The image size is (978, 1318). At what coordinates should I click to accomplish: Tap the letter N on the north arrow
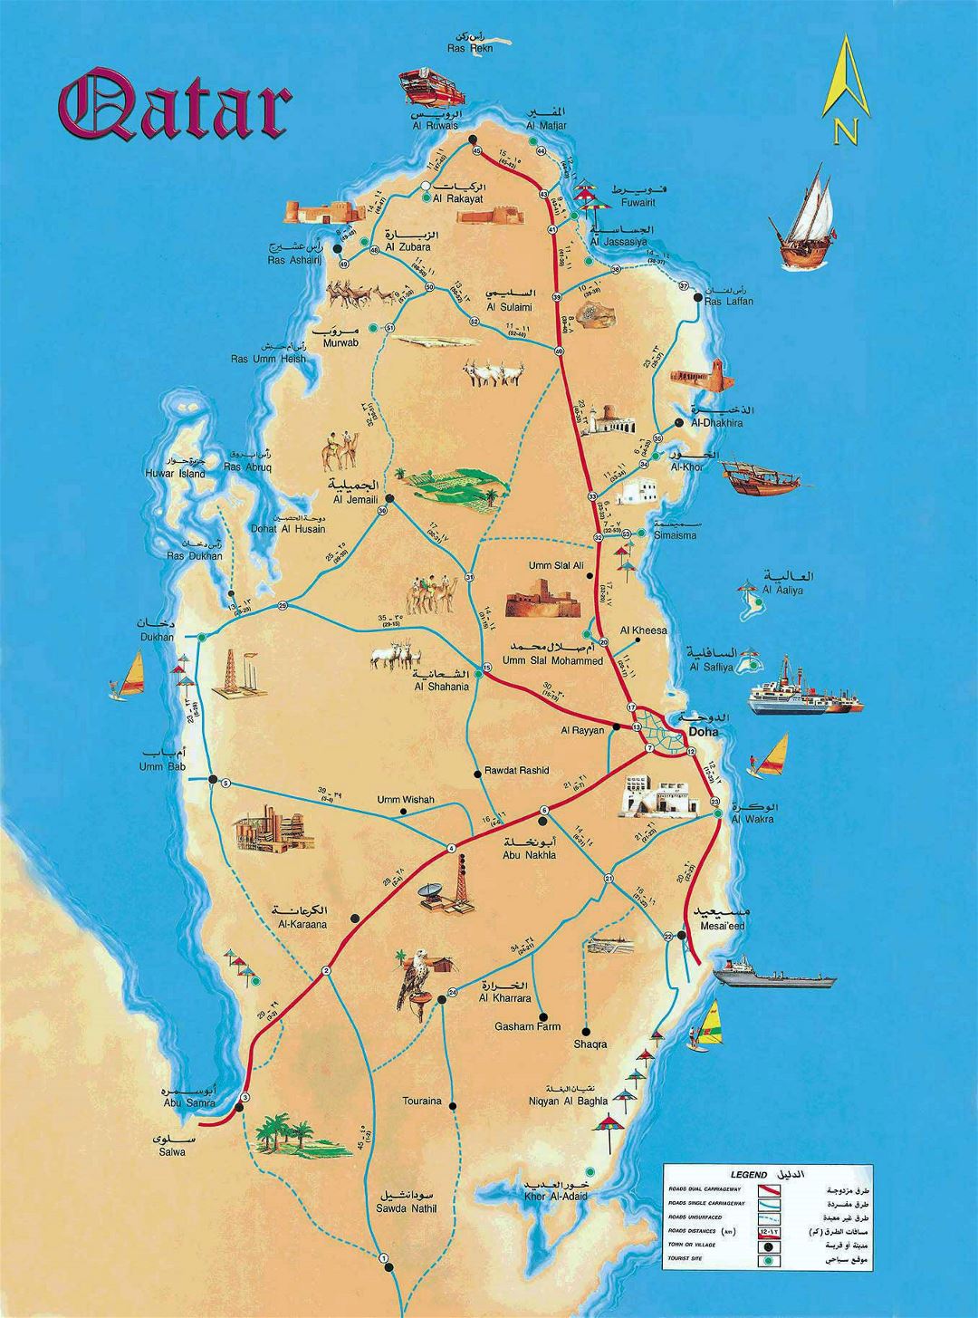(x=847, y=132)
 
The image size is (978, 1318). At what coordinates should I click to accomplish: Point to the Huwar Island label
(x=175, y=473)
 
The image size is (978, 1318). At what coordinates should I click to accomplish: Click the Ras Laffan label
(x=728, y=301)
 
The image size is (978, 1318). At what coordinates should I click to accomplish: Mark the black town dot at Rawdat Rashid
(x=477, y=774)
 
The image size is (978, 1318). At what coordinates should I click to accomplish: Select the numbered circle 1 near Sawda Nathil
(x=384, y=1257)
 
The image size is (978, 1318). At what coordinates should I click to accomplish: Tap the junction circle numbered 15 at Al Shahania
(x=486, y=669)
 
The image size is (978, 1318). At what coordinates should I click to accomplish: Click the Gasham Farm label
(x=527, y=1027)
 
